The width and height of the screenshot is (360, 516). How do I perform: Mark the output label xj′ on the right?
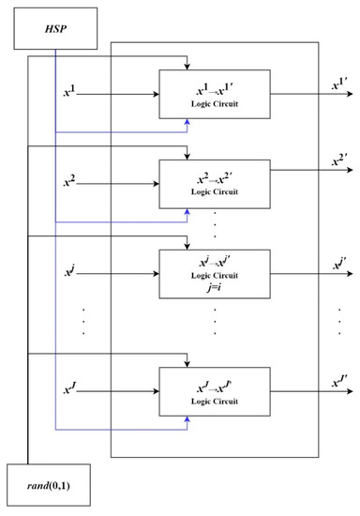[339, 266]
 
